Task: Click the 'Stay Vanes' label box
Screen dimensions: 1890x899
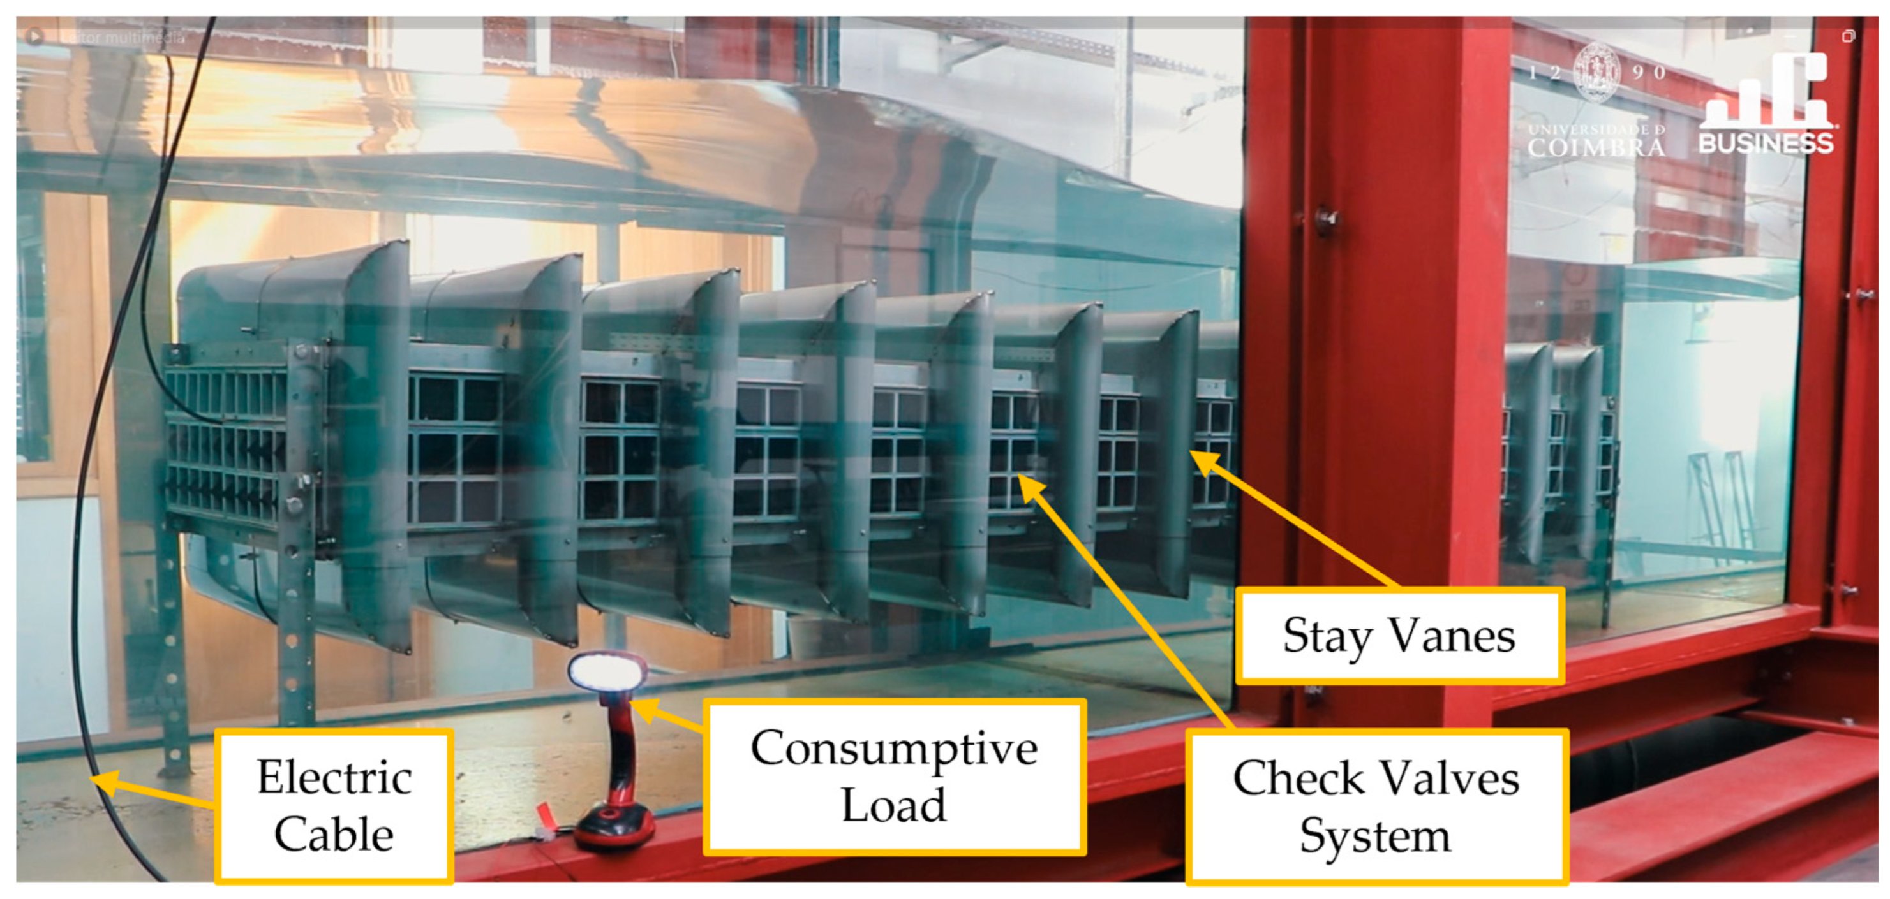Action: point(1399,635)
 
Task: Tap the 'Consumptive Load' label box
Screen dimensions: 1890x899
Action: point(894,777)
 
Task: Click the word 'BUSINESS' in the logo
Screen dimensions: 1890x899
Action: point(1766,143)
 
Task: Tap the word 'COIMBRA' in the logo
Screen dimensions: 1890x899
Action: point(1596,147)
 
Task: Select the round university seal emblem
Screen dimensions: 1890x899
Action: point(1596,72)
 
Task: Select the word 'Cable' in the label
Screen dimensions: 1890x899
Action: point(334,835)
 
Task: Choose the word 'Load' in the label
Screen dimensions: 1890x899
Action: point(894,805)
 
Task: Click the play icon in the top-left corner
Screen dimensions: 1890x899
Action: point(34,35)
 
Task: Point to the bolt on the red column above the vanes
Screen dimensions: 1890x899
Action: point(1327,219)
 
